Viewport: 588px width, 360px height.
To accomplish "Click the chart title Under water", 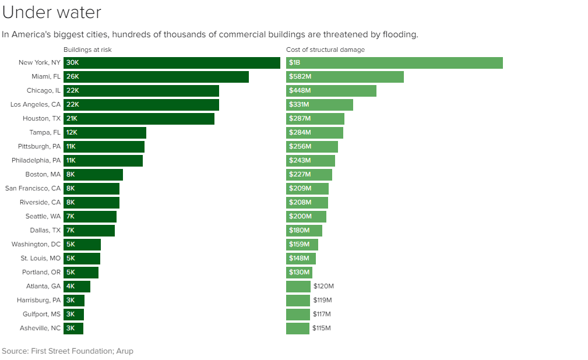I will (51, 12).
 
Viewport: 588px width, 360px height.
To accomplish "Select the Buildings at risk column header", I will (87, 50).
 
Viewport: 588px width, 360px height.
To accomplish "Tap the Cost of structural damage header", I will (325, 50).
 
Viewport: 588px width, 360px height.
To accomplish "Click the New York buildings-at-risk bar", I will (172, 63).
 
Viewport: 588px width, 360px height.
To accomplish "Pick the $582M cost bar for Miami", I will (345, 77).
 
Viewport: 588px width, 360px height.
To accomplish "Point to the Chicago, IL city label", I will (43, 91).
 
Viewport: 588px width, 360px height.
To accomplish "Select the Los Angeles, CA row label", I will (36, 105).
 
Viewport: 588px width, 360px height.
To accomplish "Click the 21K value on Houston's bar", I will (72, 119).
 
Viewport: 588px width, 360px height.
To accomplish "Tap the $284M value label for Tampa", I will (300, 133).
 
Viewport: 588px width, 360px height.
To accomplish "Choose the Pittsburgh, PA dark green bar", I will (104, 147).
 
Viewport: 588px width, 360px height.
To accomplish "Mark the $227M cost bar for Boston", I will (309, 175).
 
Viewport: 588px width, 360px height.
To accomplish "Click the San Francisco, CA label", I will (33, 189).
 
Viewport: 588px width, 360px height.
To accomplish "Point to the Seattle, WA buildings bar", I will (90, 217).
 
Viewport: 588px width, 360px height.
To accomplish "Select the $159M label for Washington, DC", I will (300, 245).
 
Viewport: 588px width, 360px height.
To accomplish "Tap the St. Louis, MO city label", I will (40, 259).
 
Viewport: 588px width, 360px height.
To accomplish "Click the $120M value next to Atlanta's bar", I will (323, 287).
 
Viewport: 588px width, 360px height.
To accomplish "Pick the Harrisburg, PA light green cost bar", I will (298, 301).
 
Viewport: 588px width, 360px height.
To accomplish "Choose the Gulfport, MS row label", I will (40, 315).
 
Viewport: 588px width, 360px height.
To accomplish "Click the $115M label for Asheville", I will (321, 329).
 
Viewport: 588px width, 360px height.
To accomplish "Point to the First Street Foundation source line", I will (67, 351).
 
